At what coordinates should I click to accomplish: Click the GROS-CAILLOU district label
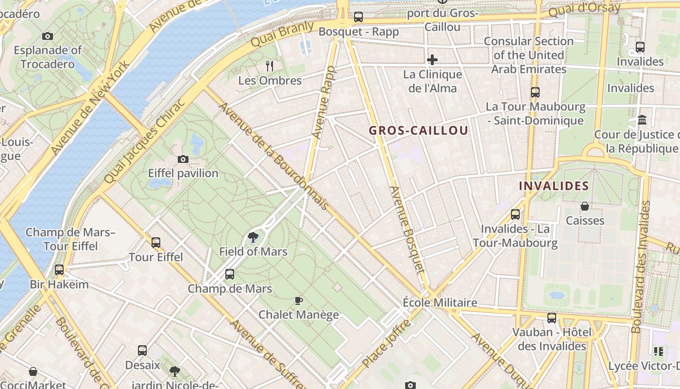[418, 130]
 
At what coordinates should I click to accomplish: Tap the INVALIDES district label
[554, 186]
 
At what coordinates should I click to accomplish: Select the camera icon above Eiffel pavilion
[183, 159]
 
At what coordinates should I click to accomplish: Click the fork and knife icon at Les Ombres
[270, 66]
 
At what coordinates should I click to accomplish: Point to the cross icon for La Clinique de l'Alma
[432, 60]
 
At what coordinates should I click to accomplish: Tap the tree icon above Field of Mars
[253, 237]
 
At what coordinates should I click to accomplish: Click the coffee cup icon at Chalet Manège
[299, 301]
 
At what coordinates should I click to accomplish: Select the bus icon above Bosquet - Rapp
[358, 17]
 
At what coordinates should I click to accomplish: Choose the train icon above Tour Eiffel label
[156, 242]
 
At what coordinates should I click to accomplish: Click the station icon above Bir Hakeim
[59, 269]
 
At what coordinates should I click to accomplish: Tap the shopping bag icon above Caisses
[585, 207]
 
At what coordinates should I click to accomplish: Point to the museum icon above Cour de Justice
[642, 120]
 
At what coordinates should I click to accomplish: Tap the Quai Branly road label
[282, 34]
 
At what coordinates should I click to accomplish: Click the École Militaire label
[440, 302]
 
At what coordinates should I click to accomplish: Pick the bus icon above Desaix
[142, 350]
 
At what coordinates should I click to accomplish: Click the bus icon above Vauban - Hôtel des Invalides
[552, 318]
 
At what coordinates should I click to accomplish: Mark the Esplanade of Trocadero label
[48, 57]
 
